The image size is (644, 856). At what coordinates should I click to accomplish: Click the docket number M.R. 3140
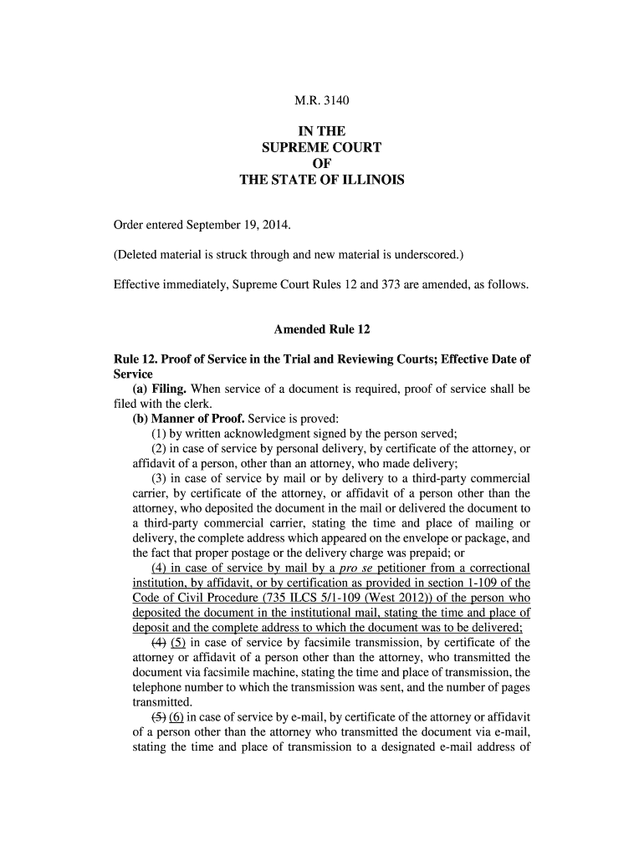tap(321, 101)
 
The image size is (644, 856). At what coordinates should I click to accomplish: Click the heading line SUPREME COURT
tap(321, 148)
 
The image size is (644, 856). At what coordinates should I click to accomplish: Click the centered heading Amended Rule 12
tap(322, 329)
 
